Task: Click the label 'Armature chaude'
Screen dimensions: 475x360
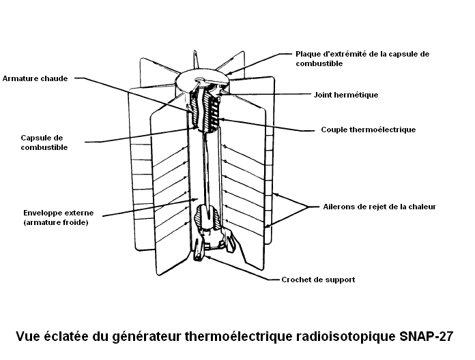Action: [x=35, y=78]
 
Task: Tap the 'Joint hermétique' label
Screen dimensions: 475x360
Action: [x=346, y=95]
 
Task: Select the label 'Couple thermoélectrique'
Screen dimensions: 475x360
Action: [x=369, y=130]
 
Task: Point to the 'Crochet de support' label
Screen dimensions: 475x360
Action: [x=318, y=280]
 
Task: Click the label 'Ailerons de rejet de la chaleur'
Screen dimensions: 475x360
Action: [x=379, y=207]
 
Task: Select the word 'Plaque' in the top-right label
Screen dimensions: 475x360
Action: [x=306, y=54]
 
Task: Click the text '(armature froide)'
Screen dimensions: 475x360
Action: [x=56, y=223]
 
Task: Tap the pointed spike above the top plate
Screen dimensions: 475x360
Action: [x=197, y=59]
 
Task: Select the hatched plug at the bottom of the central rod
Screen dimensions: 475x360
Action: [x=207, y=216]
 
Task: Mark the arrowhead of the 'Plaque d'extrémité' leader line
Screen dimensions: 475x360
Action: [x=229, y=73]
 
